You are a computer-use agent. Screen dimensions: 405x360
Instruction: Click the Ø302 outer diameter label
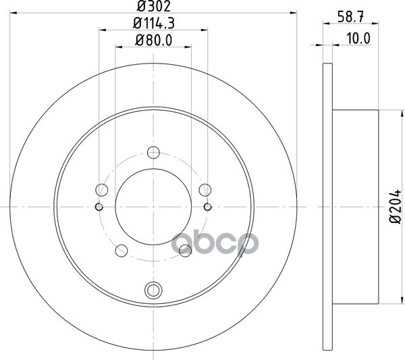[153, 6]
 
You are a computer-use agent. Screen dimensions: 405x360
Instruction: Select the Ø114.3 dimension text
[154, 23]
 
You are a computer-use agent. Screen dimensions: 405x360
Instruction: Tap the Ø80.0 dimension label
[153, 41]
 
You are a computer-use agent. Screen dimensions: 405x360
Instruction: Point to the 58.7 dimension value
[350, 17]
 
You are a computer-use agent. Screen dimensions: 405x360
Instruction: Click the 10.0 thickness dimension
[358, 38]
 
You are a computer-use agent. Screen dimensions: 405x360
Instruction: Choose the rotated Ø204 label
[396, 207]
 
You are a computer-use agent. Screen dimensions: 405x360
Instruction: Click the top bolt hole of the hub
[153, 152]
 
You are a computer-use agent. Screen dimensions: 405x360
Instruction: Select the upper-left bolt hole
[101, 190]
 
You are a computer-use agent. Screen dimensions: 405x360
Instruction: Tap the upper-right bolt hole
[205, 190]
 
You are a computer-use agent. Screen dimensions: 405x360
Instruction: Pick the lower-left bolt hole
[122, 251]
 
